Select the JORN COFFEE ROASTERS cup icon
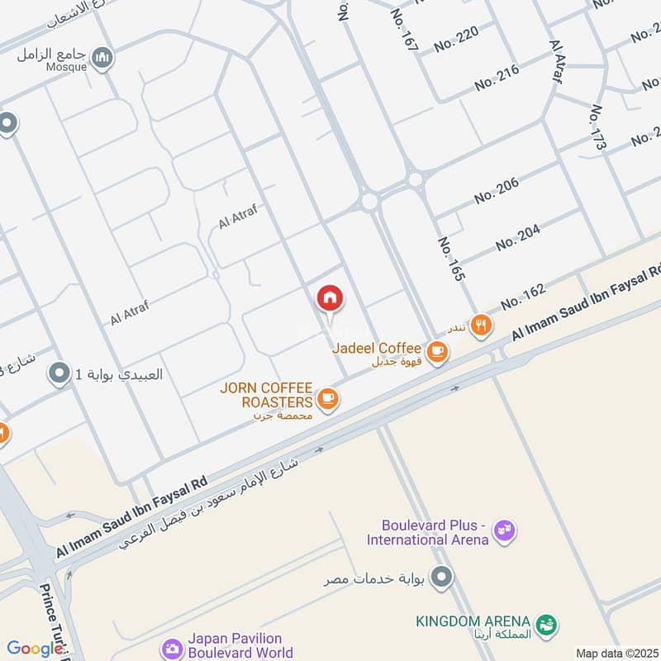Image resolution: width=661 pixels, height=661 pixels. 327,400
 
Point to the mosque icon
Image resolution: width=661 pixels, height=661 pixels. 102,57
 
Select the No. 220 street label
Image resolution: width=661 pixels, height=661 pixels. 456,39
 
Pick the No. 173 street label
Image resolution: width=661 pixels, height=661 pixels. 599,131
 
